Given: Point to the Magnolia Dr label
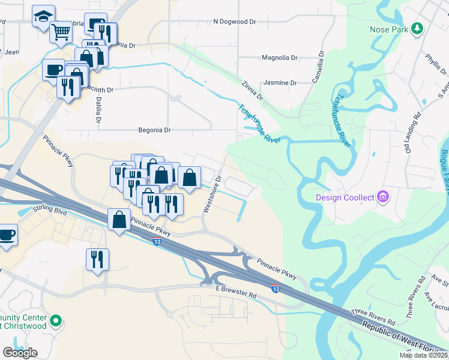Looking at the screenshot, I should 280,58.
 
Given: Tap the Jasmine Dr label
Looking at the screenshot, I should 280,83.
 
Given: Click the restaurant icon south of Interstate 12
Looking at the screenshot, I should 97,259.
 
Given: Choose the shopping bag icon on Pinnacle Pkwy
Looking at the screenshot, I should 119,219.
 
